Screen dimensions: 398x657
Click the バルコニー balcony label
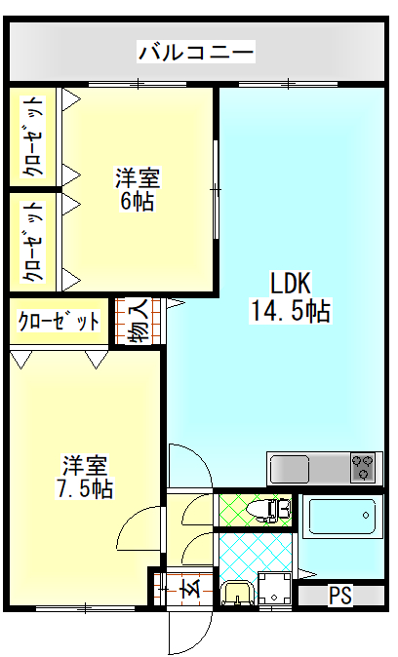pyautogui.click(x=196, y=52)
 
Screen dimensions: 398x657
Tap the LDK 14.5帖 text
pyautogui.click(x=291, y=297)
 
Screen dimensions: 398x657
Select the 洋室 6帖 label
pyautogui.click(x=138, y=189)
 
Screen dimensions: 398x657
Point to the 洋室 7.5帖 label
pyautogui.click(x=85, y=477)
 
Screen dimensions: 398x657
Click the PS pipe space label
pyautogui.click(x=339, y=595)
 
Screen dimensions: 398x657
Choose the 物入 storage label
pyautogui.click(x=138, y=321)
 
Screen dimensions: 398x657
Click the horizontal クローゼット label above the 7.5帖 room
pyautogui.click(x=59, y=322)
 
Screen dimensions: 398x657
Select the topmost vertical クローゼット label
pyautogui.click(x=32, y=137)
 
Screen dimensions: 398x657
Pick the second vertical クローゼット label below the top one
pyautogui.click(x=32, y=242)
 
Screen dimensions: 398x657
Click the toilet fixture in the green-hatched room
pyautogui.click(x=269, y=509)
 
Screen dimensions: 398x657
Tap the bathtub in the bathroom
pyautogui.click(x=342, y=517)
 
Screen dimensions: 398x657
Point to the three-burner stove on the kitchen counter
pyautogui.click(x=363, y=467)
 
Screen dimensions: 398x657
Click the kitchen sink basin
pyautogui.click(x=291, y=469)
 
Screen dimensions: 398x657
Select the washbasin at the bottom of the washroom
pyautogui.click(x=236, y=593)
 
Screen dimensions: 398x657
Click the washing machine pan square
pyautogui.click(x=275, y=589)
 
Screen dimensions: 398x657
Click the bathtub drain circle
pyautogui.click(x=366, y=515)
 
